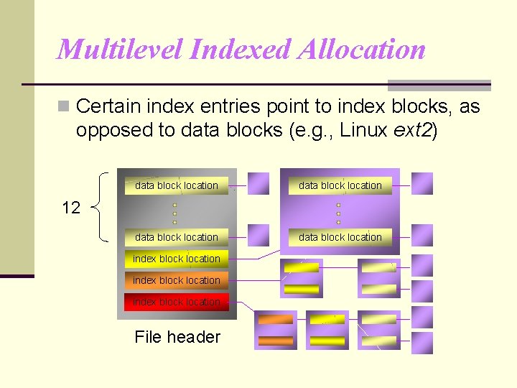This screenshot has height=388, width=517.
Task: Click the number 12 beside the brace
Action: pos(71,208)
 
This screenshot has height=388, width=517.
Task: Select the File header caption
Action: pos(177,337)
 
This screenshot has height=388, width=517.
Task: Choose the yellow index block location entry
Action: pos(177,259)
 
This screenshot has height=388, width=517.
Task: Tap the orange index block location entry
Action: pos(177,280)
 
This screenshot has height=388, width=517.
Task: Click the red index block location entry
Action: pos(177,302)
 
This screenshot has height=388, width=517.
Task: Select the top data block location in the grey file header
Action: pos(177,185)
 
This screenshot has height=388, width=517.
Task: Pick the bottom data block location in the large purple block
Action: pos(340,237)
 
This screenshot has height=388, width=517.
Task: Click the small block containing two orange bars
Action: pos(276,331)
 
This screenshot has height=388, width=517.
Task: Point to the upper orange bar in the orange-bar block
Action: pos(276,320)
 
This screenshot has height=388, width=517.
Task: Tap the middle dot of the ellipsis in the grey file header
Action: pos(174,213)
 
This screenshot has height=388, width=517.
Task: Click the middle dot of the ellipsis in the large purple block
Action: pos(338,213)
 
